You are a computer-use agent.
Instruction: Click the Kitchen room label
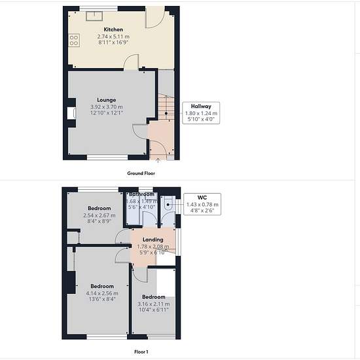pos(113,29)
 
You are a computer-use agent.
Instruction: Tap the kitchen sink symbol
pos(95,16)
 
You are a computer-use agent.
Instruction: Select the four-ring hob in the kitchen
pos(74,40)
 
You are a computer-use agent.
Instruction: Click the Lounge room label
pos(106,100)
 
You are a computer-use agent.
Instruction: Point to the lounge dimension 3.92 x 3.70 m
pos(107,107)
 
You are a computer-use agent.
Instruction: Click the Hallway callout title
pos(201,106)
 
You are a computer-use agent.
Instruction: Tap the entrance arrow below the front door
pos(158,160)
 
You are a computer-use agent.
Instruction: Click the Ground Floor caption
pos(141,173)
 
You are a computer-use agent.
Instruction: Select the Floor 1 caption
pos(141,351)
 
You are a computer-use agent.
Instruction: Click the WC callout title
pos(202,198)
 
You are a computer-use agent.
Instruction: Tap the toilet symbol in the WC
pos(168,203)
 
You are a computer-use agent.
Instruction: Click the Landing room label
pos(153,240)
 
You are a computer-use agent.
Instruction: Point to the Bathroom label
pos(141,194)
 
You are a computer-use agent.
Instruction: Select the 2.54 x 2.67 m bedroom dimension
pos(99,215)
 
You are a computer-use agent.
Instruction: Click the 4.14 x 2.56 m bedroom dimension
pos(102,293)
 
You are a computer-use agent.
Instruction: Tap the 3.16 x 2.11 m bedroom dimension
pos(154,304)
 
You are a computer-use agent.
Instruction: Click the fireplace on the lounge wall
pos(71,113)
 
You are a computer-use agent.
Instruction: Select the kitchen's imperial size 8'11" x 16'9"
pos(113,43)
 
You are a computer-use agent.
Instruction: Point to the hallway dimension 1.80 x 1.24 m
pos(201,113)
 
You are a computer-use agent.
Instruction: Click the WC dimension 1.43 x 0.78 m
pos(202,205)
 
